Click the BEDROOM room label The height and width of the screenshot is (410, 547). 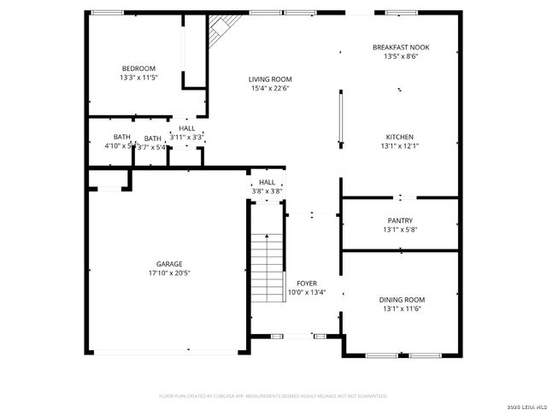[x=138, y=68]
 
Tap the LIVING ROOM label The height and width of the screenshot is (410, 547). [x=271, y=79]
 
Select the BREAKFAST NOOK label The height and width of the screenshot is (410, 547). [x=400, y=47]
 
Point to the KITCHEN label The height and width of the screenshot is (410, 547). [x=400, y=137]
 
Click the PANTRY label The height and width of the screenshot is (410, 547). [x=400, y=220]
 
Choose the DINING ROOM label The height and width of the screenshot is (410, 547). [x=402, y=300]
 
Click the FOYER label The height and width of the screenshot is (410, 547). [x=307, y=283]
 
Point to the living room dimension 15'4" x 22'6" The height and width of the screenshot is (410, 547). [x=271, y=88]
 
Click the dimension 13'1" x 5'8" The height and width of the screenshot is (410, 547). [x=400, y=229]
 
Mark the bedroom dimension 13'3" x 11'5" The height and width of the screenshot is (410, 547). [x=138, y=78]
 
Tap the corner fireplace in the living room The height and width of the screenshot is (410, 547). [x=226, y=31]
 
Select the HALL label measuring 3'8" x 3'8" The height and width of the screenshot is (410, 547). [x=268, y=182]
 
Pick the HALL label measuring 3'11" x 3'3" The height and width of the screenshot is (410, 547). [x=186, y=128]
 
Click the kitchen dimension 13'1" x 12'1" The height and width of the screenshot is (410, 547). [x=400, y=146]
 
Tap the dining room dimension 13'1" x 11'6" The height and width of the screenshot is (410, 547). [x=402, y=309]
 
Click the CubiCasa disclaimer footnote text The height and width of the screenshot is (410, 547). [x=273, y=395]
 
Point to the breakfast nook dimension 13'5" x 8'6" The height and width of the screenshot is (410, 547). [x=400, y=56]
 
